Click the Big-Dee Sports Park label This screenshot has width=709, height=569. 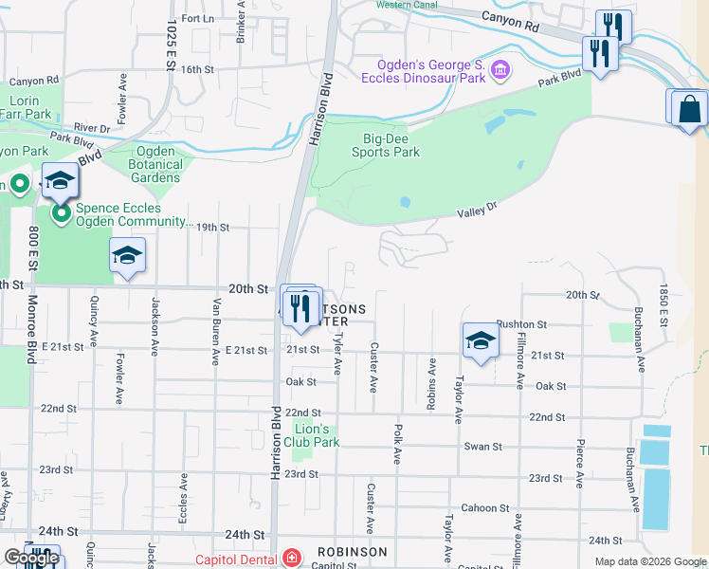point(386,144)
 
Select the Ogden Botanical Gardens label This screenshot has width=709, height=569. point(156,163)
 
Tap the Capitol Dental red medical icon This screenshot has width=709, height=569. point(292,558)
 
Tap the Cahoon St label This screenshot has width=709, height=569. point(485,508)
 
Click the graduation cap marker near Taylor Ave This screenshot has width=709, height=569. point(480,340)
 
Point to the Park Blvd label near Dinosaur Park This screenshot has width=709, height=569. point(559,78)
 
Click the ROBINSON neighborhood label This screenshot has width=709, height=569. point(352,552)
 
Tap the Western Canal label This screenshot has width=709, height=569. point(405,5)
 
